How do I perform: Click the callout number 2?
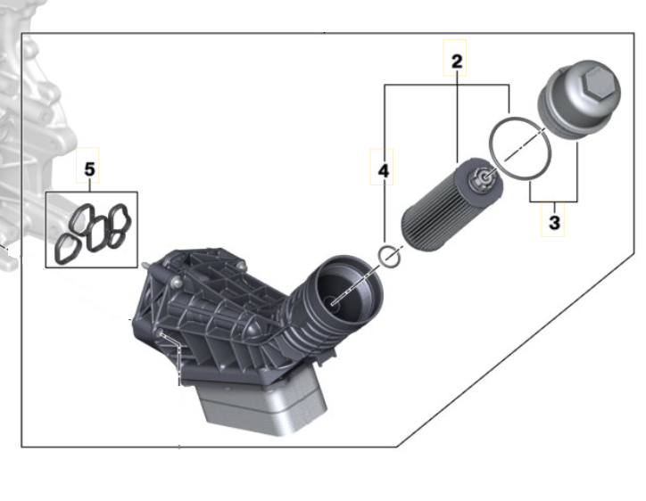[457, 62]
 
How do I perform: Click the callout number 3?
[554, 223]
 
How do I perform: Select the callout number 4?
[383, 171]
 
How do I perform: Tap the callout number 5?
[89, 169]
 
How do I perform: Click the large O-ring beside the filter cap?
[520, 148]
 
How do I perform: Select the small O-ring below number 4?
[389, 257]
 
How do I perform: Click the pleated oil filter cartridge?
[451, 205]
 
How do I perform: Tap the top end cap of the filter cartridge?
[479, 178]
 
